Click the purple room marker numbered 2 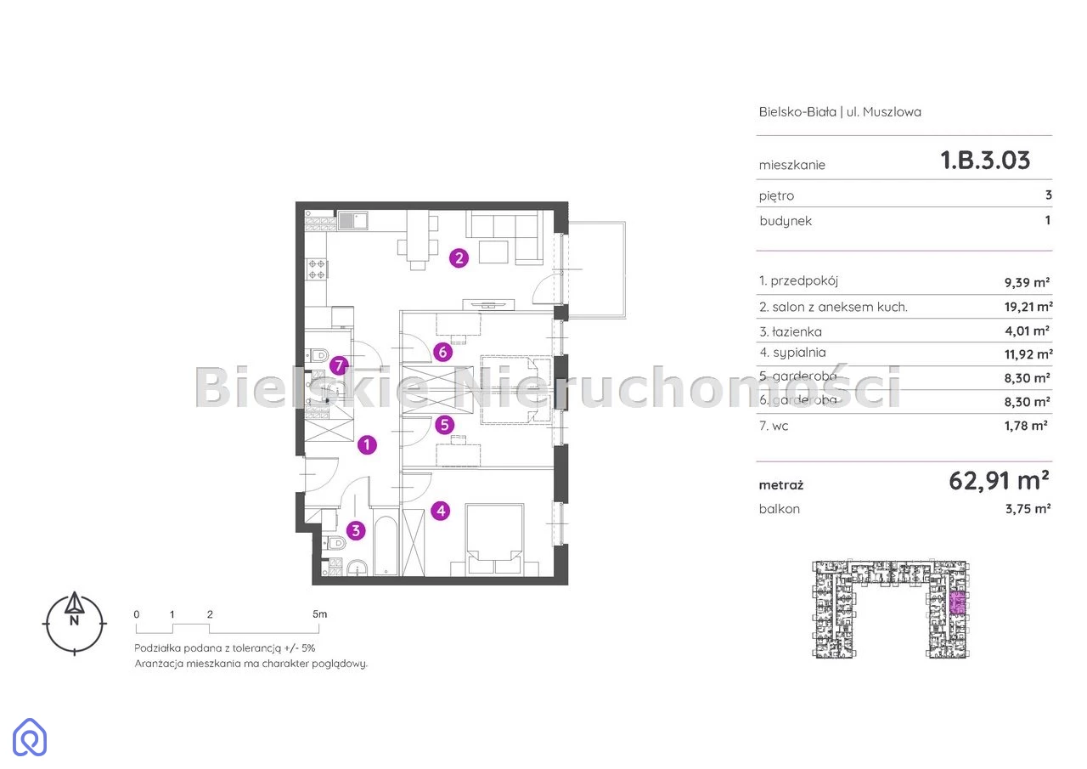coord(459,257)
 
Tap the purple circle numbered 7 coord(339,365)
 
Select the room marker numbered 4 coord(441,511)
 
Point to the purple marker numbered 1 coord(367,444)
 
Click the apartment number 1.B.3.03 coord(984,161)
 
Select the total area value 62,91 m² coord(999,481)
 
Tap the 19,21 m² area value coord(1028,307)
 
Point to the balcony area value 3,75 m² coord(1028,509)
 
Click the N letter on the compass coord(74,620)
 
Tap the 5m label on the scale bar coord(320,614)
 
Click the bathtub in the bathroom coord(386,545)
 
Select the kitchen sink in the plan coord(352,221)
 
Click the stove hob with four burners coord(317,269)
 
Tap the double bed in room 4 coord(494,540)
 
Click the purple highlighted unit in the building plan coord(956,603)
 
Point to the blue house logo coord(30,737)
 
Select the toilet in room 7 coord(318,356)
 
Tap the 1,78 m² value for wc coord(1026,426)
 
